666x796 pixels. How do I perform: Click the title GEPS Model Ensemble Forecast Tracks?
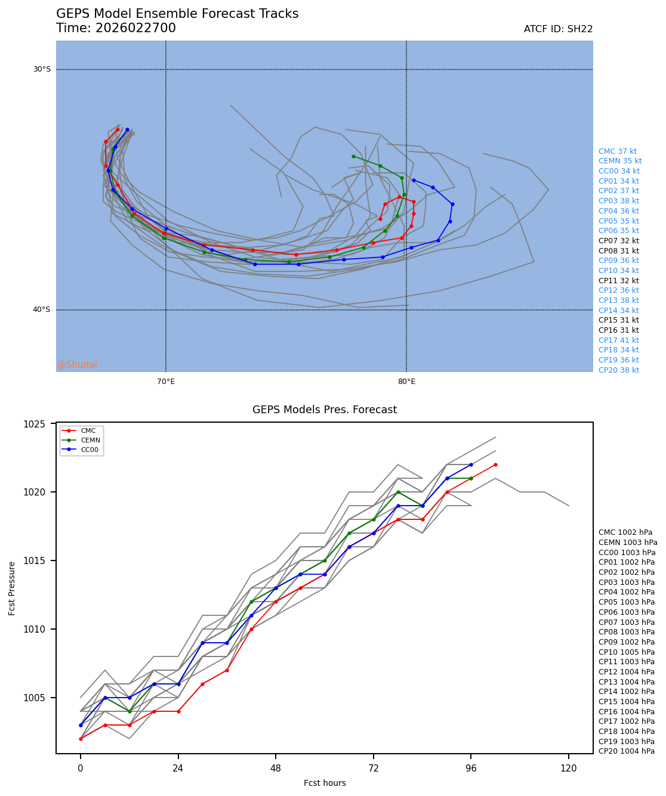[177, 14]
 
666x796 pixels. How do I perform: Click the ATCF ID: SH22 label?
[558, 29]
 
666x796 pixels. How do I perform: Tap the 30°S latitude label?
[42, 69]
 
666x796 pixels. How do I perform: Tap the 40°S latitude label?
[42, 309]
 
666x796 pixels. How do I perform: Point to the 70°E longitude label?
[166, 382]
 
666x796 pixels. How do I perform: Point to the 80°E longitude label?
[406, 382]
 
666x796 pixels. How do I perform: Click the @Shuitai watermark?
[78, 365]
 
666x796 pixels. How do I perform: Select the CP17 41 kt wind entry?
[619, 340]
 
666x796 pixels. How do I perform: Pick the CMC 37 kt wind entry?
[618, 151]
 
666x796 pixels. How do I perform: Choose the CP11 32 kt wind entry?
[619, 281]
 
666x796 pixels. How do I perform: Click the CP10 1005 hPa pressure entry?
[627, 652]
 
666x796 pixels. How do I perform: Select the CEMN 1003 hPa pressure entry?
[628, 543]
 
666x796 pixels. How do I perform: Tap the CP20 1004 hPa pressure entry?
[627, 751]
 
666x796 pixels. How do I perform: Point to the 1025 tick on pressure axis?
[43, 424]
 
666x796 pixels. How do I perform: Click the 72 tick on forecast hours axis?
[374, 769]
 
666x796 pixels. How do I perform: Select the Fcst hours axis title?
[325, 783]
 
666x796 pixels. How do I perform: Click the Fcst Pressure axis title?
[13, 588]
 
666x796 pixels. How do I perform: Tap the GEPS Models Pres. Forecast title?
[325, 410]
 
